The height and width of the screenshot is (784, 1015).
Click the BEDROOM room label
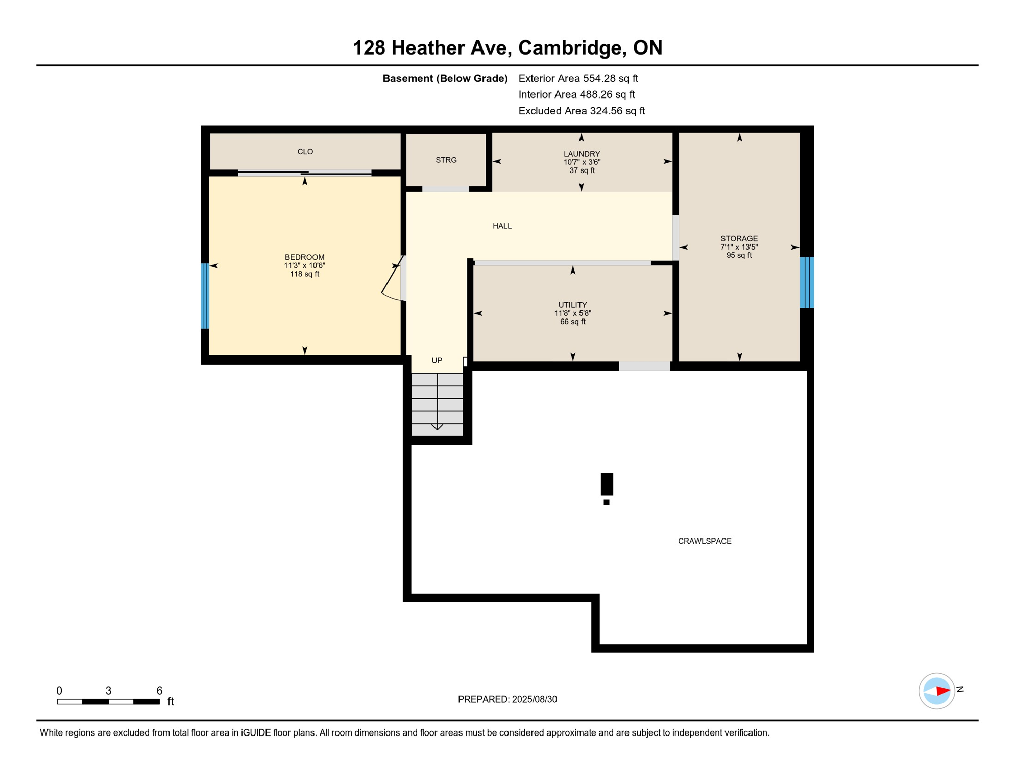coord(304,257)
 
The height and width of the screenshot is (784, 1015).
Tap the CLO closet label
coord(305,152)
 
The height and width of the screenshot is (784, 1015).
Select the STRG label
coord(446,160)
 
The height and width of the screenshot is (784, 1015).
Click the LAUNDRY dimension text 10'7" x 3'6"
coord(582,162)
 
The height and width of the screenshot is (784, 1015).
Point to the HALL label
coord(502,226)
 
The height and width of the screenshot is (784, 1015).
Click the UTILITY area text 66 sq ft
coord(572,322)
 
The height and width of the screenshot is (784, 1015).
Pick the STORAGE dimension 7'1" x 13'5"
coord(739,247)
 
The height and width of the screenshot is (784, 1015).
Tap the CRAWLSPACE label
coord(704,541)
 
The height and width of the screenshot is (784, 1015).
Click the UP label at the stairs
coord(437,361)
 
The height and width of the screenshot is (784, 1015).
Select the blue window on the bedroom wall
coord(205,296)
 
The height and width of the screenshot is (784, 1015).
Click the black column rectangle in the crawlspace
coord(607,484)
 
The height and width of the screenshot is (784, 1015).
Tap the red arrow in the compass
coord(942,691)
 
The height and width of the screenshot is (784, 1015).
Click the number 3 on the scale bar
coord(108,691)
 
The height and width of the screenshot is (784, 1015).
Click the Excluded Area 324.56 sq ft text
coord(582,111)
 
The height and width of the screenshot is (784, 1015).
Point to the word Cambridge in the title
coord(572,48)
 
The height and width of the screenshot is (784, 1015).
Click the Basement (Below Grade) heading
coord(445,79)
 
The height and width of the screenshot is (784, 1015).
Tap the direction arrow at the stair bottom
coord(437,426)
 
